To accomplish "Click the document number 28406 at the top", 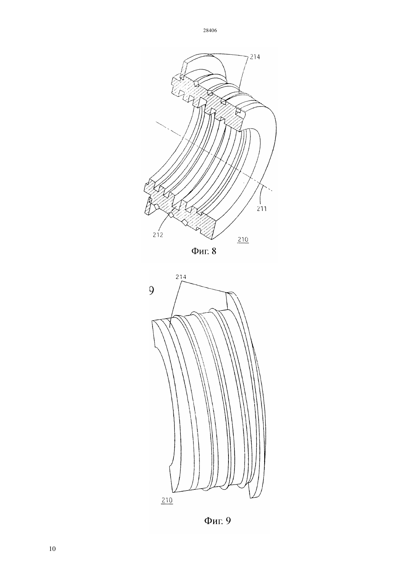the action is point(210,31).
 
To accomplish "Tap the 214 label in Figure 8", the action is point(255,57).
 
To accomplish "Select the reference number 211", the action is point(262,208).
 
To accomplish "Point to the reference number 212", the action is point(158,235).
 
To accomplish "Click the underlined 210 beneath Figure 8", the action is point(243,239).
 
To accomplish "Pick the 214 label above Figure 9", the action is point(181,277).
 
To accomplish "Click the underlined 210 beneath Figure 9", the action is point(167,500).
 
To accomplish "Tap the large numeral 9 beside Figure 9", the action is point(151,291).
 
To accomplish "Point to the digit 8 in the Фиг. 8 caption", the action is point(214,251).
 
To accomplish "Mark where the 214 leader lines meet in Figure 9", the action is point(181,281).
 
